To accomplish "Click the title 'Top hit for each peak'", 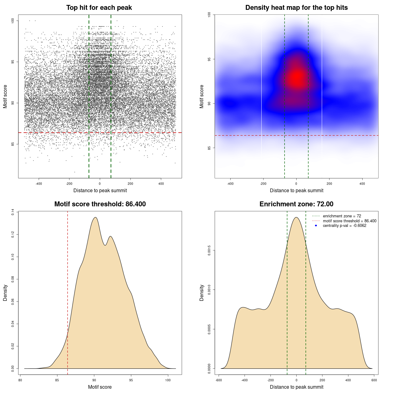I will (99, 8).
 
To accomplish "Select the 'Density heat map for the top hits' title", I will (296, 8).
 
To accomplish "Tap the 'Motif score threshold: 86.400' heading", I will (100, 204).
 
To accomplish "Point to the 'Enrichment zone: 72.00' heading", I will (296, 204).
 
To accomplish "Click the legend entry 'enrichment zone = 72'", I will (342, 216).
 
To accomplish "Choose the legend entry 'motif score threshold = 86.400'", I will (349, 221).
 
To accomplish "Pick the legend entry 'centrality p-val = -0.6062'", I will (344, 226).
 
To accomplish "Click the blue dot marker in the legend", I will (316, 226).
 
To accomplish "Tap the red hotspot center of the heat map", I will (297, 77).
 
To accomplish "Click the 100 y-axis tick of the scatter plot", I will (13, 21).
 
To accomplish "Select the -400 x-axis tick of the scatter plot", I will (39, 184).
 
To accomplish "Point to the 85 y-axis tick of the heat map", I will (209, 148).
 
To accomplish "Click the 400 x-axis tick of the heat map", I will (362, 184).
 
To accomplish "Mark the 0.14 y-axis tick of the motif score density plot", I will (13, 212).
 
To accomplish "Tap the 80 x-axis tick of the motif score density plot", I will (20, 380).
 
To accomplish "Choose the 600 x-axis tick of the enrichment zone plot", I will (374, 380).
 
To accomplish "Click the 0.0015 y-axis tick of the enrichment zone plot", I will (209, 251).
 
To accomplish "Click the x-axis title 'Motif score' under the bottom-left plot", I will (100, 387).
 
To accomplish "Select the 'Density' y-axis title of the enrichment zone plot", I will (202, 293).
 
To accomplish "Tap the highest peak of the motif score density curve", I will (95, 217).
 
